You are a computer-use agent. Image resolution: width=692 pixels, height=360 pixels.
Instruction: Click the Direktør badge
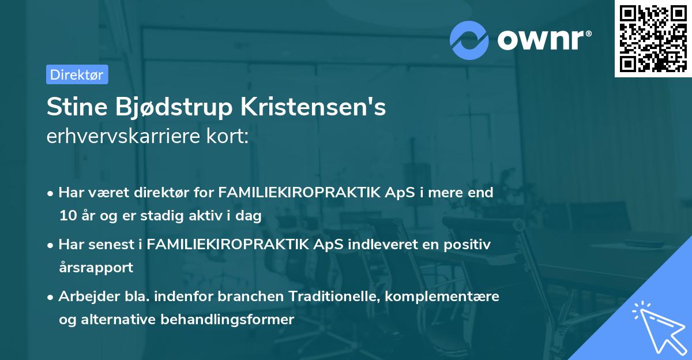click(77, 74)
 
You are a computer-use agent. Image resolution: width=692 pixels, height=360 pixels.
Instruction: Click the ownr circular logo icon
click(469, 39)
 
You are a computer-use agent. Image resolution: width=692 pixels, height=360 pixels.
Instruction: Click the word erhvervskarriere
click(122, 137)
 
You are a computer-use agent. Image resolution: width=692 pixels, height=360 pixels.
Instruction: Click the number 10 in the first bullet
click(67, 216)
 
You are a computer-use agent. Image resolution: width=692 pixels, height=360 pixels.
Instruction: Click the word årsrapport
click(96, 268)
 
